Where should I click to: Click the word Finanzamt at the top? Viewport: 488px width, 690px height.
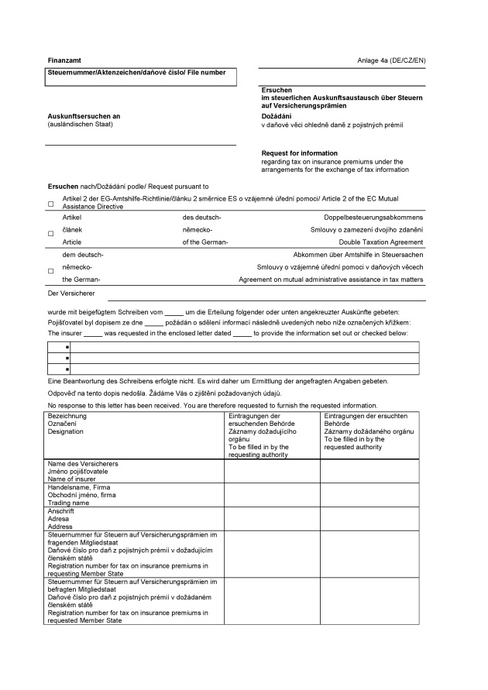[64, 60]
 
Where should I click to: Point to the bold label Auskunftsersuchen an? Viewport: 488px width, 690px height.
[84, 116]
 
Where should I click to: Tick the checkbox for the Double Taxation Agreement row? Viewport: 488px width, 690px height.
[51, 233]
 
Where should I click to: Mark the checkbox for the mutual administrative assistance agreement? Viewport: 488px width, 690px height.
[51, 270]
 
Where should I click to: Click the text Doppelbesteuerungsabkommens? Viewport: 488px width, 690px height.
[373, 218]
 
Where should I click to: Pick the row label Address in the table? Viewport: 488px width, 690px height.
[60, 527]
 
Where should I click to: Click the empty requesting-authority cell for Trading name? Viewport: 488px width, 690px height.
[272, 495]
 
